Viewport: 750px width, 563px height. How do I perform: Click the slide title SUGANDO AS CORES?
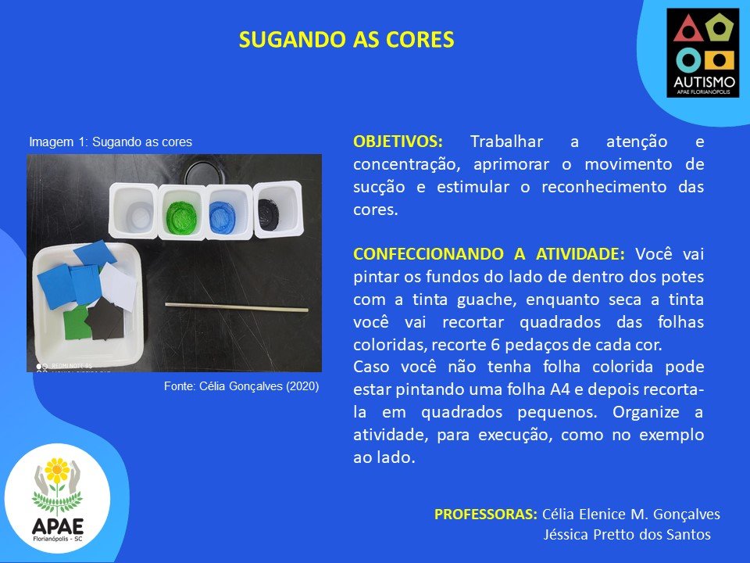pyautogui.click(x=346, y=40)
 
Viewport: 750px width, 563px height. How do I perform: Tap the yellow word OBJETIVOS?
pyautogui.click(x=398, y=142)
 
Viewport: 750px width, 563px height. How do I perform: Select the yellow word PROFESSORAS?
pyautogui.click(x=485, y=514)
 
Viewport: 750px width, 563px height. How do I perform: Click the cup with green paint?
pyautogui.click(x=182, y=212)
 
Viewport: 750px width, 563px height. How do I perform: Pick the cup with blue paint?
pyautogui.click(x=230, y=211)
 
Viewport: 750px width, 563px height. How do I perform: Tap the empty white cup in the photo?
pyautogui.click(x=134, y=210)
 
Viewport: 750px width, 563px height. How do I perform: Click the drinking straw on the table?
pyautogui.click(x=237, y=307)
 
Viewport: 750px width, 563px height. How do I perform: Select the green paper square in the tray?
pyautogui.click(x=77, y=322)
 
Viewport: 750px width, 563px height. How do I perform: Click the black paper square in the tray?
pyautogui.click(x=106, y=318)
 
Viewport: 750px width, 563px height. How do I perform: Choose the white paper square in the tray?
pyautogui.click(x=118, y=287)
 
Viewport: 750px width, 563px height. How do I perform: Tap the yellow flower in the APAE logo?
pyautogui.click(x=57, y=470)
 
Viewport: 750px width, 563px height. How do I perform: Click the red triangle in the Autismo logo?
pyautogui.click(x=687, y=29)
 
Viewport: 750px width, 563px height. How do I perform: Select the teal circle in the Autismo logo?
pyautogui.click(x=688, y=60)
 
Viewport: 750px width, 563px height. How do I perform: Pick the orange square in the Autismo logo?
pyautogui.click(x=719, y=61)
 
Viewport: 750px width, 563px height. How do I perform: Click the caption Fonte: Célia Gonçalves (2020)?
pyautogui.click(x=241, y=386)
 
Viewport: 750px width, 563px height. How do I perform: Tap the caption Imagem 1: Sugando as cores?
pyautogui.click(x=110, y=142)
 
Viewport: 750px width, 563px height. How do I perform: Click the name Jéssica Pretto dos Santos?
pyautogui.click(x=627, y=534)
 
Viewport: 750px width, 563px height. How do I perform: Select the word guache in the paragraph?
pyautogui.click(x=487, y=300)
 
